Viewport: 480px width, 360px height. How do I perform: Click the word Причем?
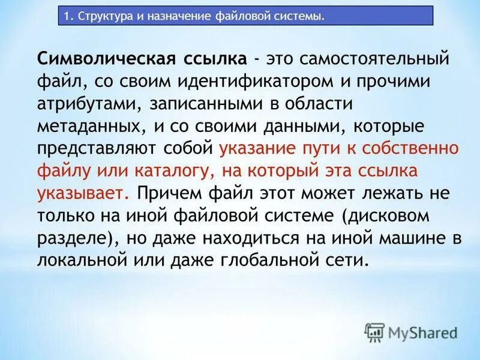click(166, 193)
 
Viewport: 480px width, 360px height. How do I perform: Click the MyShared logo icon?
click(375, 331)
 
